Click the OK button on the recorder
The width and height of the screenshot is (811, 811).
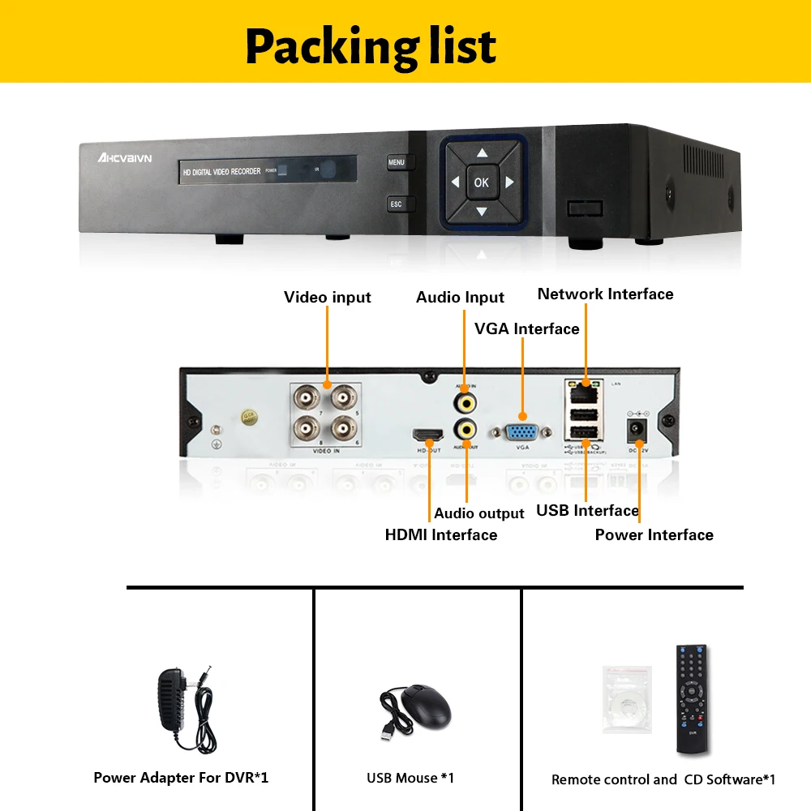coord(482,182)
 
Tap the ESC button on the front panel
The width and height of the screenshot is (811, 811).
coord(397,204)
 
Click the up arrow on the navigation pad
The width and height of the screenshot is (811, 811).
coord(482,152)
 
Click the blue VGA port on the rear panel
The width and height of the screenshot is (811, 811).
coord(522,432)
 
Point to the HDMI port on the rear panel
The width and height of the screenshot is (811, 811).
coord(428,435)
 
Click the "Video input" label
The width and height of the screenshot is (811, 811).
coord(328,298)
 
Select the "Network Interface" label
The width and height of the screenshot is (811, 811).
coord(605,294)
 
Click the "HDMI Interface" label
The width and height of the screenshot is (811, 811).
coord(441,535)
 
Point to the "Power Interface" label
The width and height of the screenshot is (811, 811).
coord(654,535)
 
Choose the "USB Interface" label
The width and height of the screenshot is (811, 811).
coord(587,511)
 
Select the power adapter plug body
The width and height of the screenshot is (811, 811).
coord(174,695)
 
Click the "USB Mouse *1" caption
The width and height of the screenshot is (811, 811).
coord(410,779)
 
